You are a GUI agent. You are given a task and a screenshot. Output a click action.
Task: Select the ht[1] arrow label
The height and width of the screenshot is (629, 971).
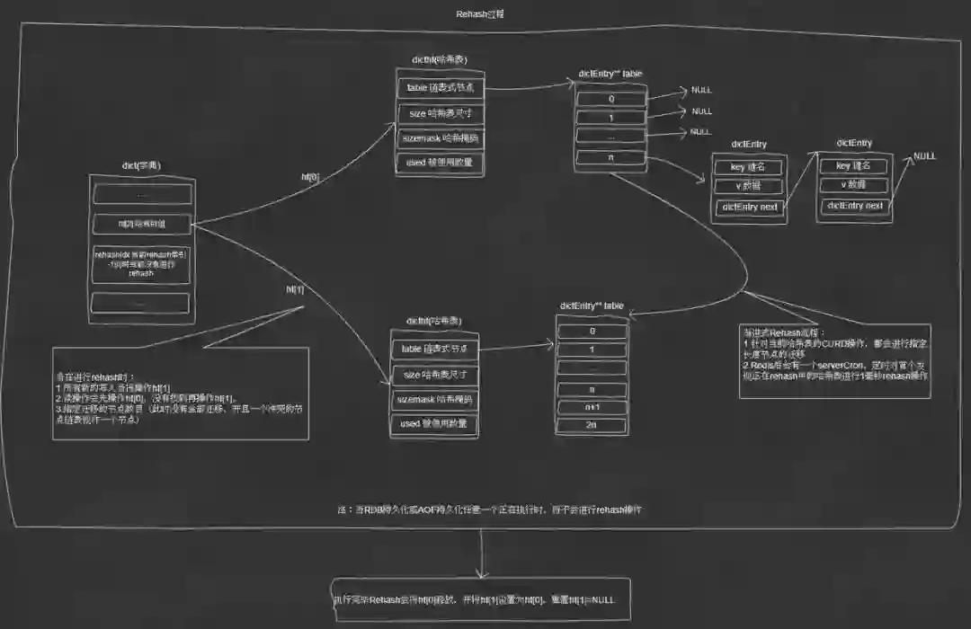click(295, 289)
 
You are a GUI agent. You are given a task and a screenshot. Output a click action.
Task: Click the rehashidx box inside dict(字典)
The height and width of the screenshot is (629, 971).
click(142, 264)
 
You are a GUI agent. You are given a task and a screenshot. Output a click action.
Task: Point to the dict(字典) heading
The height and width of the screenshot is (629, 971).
click(141, 165)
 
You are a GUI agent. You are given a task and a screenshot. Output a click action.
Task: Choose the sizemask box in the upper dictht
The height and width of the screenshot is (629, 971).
click(440, 138)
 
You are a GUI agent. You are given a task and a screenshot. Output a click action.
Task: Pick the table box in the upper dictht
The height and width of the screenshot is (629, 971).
click(440, 88)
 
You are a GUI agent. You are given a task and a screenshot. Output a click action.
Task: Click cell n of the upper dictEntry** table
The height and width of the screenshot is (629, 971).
click(611, 158)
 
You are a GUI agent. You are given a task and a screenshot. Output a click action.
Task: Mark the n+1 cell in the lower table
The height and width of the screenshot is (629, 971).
click(592, 405)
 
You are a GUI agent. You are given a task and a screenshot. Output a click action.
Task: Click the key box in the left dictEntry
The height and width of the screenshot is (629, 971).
click(748, 166)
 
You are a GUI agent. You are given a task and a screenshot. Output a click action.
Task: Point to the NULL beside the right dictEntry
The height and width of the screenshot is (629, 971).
click(924, 156)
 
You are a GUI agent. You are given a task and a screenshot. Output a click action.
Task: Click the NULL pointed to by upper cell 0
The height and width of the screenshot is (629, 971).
click(701, 91)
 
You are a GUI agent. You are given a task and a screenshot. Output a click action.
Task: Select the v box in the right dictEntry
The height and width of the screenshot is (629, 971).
click(853, 185)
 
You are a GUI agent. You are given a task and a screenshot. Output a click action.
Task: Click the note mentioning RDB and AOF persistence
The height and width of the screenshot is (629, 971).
click(490, 509)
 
